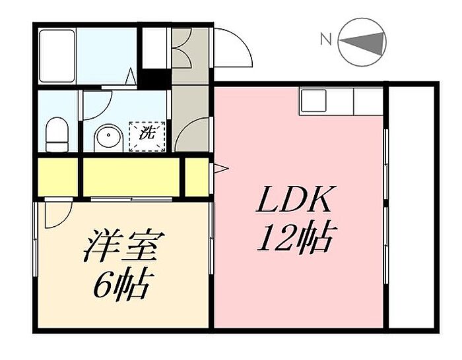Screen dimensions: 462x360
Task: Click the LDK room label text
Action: pyautogui.click(x=293, y=199)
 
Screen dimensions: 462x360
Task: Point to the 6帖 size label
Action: pyautogui.click(x=123, y=285)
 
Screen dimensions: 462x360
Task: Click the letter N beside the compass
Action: pyautogui.click(x=326, y=39)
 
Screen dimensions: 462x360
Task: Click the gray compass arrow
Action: pyautogui.click(x=362, y=42)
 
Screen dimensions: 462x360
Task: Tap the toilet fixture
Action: pyautogui.click(x=57, y=135)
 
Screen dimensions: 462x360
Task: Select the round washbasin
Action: pyautogui.click(x=108, y=138)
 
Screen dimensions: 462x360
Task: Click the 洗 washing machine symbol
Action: pyautogui.click(x=147, y=137)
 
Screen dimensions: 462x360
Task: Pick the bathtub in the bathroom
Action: pyautogui.click(x=57, y=55)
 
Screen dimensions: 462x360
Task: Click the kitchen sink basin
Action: pyautogui.click(x=313, y=101)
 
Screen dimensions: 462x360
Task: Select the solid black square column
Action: pyautogui.click(x=154, y=78)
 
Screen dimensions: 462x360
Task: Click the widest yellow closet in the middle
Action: pyautogui.click(x=131, y=177)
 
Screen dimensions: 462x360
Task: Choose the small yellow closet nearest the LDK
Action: pyautogui.click(x=197, y=177)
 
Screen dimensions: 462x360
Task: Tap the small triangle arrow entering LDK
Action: pyautogui.click(x=220, y=169)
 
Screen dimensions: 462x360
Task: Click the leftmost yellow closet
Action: pyautogui.click(x=58, y=177)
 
